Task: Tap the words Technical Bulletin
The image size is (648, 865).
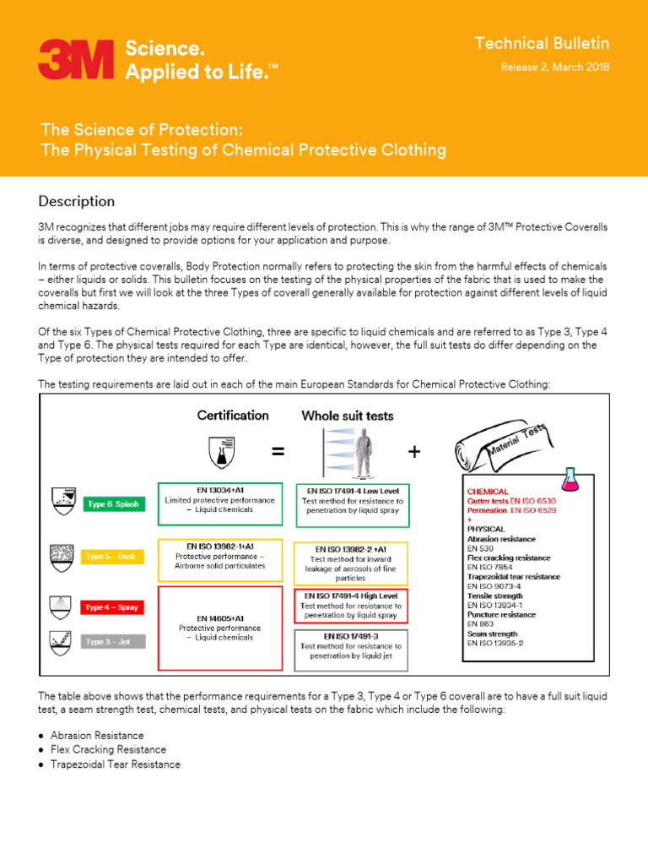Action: (541, 44)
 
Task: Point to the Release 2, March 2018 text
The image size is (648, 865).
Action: (555, 68)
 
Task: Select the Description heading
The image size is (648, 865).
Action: (77, 201)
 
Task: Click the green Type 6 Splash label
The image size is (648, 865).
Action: (115, 504)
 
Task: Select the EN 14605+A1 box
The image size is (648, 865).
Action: (219, 628)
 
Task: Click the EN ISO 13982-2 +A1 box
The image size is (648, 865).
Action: (351, 563)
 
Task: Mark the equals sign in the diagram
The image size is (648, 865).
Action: (278, 452)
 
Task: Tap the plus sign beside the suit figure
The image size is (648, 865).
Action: (413, 452)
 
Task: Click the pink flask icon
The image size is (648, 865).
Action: (574, 480)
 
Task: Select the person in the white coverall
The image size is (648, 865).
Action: (365, 454)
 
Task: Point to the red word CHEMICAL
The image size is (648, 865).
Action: (488, 491)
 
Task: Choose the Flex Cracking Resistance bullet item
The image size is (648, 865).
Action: (108, 749)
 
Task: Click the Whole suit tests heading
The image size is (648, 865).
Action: (347, 416)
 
